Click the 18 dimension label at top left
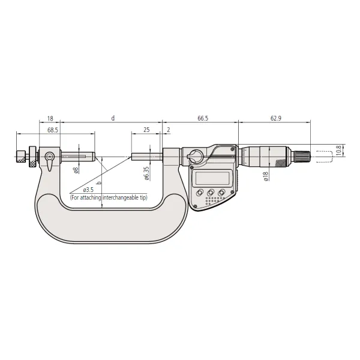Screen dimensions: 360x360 click(x=50, y=118)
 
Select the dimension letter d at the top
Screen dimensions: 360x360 click(x=113, y=118)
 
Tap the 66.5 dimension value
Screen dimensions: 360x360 click(x=203, y=118)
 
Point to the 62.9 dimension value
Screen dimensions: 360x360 click(x=276, y=118)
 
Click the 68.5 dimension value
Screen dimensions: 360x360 click(x=53, y=130)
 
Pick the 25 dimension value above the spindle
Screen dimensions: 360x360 click(x=146, y=130)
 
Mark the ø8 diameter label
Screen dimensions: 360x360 click(x=76, y=170)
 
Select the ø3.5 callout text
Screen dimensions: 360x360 click(x=88, y=190)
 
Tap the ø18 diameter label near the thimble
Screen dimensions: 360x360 click(x=266, y=176)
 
